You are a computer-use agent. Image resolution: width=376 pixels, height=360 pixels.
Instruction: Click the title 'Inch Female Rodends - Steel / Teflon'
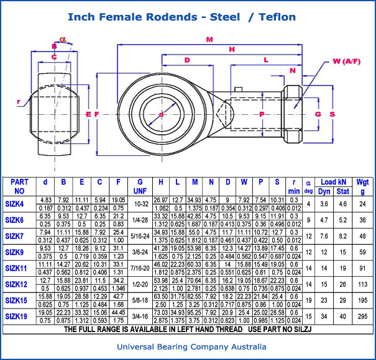pyautogui.click(x=181, y=17)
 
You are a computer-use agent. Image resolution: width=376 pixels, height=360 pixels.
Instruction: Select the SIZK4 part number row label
pyautogui.click(x=14, y=204)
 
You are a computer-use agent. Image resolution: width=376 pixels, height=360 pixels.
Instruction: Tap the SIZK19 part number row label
pyautogui.click(x=16, y=317)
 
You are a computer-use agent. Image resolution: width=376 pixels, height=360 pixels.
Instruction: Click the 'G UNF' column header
pyautogui.click(x=138, y=187)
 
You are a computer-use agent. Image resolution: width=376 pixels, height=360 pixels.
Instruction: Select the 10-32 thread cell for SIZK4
pyautogui.click(x=138, y=204)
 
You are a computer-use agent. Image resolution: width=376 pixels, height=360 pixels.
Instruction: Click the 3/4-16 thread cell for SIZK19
pyautogui.click(x=138, y=317)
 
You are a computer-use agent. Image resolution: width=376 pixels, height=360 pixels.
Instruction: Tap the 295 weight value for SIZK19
pyautogui.click(x=362, y=317)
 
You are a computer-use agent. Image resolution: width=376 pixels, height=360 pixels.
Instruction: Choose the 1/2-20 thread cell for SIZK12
pyautogui.click(x=138, y=284)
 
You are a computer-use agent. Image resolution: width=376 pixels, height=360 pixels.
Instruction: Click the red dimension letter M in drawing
pyautogui.click(x=209, y=40)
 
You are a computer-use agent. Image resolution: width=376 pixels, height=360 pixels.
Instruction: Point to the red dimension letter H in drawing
pyautogui.click(x=232, y=49)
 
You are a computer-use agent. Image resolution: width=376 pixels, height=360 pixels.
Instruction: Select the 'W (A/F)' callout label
pyautogui.click(x=346, y=61)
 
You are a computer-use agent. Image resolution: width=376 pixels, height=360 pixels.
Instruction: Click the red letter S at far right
pyautogui.click(x=332, y=114)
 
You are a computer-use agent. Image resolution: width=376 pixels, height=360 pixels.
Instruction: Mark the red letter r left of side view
pyautogui.click(x=19, y=101)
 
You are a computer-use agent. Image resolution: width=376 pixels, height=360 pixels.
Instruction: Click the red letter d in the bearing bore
pyautogui.click(x=161, y=114)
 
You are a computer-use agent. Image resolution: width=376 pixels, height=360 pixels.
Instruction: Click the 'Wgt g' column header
pyautogui.click(x=362, y=187)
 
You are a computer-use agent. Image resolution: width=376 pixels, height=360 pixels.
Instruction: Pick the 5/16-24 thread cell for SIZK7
pyautogui.click(x=138, y=236)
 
